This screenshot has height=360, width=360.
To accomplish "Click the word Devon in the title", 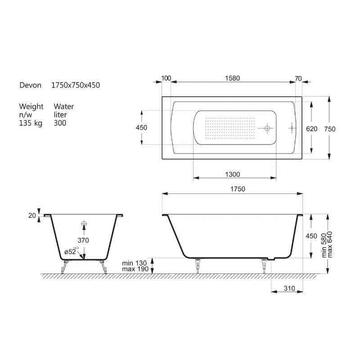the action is (30, 85).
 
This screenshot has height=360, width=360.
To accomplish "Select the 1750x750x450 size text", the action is (76, 85).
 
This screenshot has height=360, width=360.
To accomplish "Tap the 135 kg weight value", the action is (31, 123).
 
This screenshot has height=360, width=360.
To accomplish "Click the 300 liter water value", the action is (60, 123).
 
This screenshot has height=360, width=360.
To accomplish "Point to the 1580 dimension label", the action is (232, 78).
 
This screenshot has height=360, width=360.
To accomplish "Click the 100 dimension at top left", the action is (166, 78).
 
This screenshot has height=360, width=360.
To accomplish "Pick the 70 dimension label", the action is (298, 78).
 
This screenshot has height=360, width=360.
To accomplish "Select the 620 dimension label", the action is (311, 129).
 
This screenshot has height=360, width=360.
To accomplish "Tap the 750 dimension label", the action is (330, 129).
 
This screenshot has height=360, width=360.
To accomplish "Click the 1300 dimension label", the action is (233, 175).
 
